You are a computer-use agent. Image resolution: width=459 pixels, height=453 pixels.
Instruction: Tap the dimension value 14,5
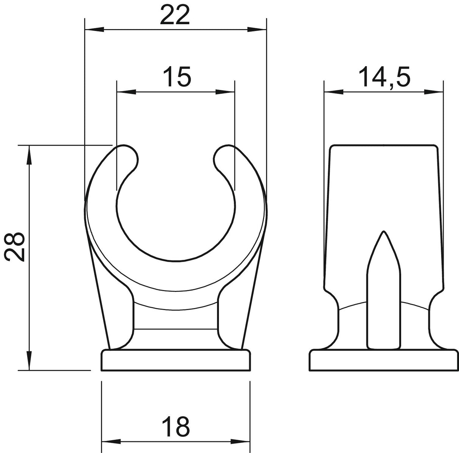[x=385, y=77]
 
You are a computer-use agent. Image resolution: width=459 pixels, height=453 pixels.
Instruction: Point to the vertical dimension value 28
[x=14, y=247]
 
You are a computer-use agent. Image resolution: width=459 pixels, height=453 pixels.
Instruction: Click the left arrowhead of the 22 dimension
[x=95, y=29]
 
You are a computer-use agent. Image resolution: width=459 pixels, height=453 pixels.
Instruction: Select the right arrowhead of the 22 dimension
[x=257, y=29]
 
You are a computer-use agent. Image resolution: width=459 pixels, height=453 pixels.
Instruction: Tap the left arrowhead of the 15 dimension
[x=127, y=92]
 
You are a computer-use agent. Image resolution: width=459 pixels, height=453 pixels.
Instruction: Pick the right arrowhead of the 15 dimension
[x=225, y=92]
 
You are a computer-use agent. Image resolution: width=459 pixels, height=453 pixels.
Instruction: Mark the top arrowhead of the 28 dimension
[x=29, y=155]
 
